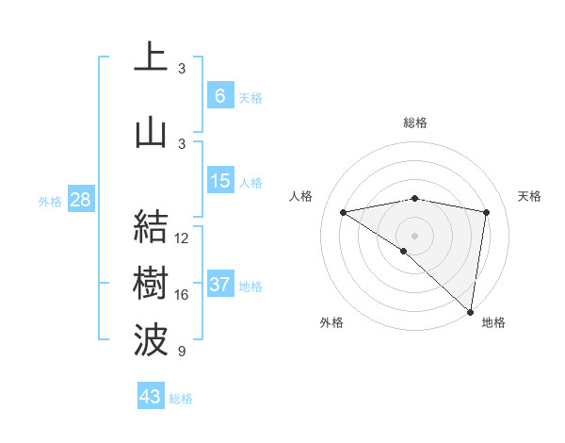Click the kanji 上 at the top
coord(151,58)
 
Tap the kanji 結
coord(151,227)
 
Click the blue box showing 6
coord(220,96)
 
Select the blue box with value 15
coord(220,181)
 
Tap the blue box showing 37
coord(220,285)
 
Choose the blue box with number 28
coord(79,200)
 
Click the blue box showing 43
coord(151,397)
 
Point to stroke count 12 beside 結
coord(182,238)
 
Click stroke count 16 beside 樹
coord(182,295)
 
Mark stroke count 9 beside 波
coord(181,352)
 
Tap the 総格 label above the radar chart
coord(415,123)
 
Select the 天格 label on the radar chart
coord(530,196)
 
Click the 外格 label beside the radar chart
coord(331,322)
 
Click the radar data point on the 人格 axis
coord(344,212)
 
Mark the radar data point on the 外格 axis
coord(403,251)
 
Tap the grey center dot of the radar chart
coord(414,235)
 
